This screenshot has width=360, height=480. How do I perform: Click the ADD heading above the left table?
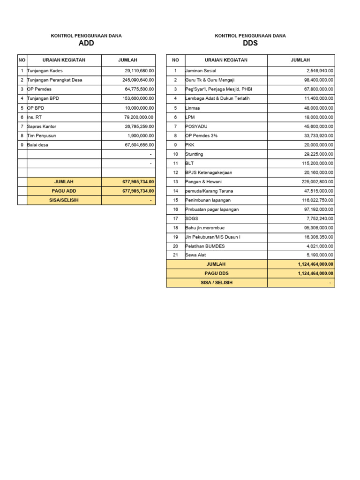coord(86,44)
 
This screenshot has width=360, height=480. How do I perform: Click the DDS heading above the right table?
coord(250,44)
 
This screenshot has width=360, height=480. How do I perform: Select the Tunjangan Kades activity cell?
coord(45,71)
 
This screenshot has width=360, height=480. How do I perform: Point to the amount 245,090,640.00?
coord(138,80)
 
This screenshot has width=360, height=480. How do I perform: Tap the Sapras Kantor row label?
coord(42,127)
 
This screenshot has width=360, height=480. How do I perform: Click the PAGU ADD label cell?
coord(64,191)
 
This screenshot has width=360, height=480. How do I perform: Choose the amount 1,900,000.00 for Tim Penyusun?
coord(141,135)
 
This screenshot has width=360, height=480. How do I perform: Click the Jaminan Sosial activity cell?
coord(201,71)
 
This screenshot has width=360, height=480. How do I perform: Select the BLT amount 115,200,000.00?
coord(317,163)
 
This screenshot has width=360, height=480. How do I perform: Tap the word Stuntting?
coord(195,154)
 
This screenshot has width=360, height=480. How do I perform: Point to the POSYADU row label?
coord(196,127)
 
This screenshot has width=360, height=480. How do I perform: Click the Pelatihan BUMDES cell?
coord(205,246)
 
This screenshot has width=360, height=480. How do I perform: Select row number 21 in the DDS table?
coord(175,255)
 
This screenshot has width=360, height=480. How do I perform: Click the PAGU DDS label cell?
coord(217,274)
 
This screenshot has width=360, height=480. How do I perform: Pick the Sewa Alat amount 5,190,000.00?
coord(320,255)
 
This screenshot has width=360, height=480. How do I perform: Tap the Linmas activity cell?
coord(193,108)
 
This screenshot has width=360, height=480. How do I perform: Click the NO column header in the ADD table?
coord(22,60)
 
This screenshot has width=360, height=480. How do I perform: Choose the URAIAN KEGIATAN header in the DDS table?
coord(226,60)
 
